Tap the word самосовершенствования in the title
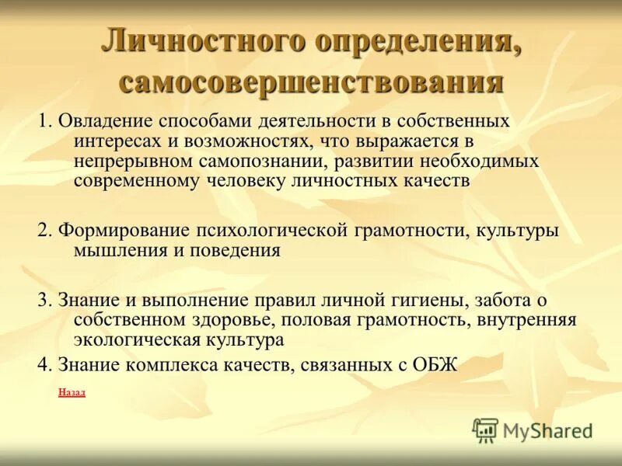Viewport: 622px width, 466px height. click(311, 81)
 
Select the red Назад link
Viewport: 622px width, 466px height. click(72, 392)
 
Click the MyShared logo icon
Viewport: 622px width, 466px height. click(485, 429)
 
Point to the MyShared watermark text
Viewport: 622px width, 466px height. click(548, 430)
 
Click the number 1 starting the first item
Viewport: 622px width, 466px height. click(43, 122)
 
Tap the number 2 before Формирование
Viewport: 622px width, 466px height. click(43, 231)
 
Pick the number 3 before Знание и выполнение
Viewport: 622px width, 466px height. click(43, 301)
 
